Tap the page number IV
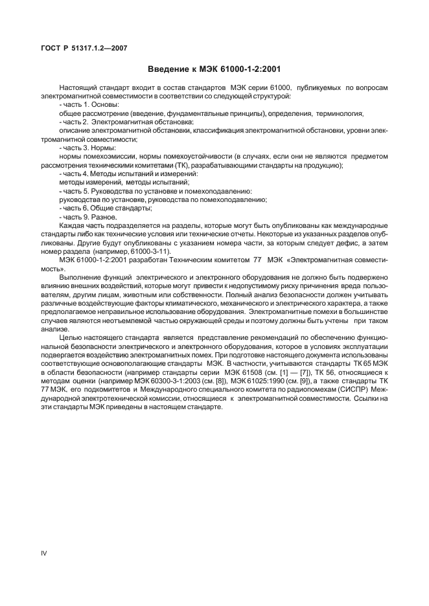click(44, 553)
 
